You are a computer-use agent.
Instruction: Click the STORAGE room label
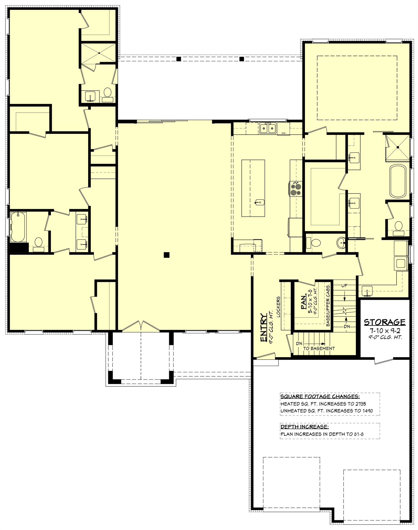point(384,322)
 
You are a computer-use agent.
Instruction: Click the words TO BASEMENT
point(319,348)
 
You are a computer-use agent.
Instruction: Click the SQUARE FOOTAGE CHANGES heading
point(320,397)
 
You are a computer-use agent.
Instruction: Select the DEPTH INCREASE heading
point(304,427)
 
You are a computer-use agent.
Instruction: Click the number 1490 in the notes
point(367,411)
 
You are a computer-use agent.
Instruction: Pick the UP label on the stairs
point(344,286)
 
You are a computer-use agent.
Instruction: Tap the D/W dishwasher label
point(283,133)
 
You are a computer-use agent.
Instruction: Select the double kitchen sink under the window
point(268,129)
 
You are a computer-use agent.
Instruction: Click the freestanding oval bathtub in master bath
point(397,181)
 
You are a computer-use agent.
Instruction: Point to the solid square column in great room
point(167,255)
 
